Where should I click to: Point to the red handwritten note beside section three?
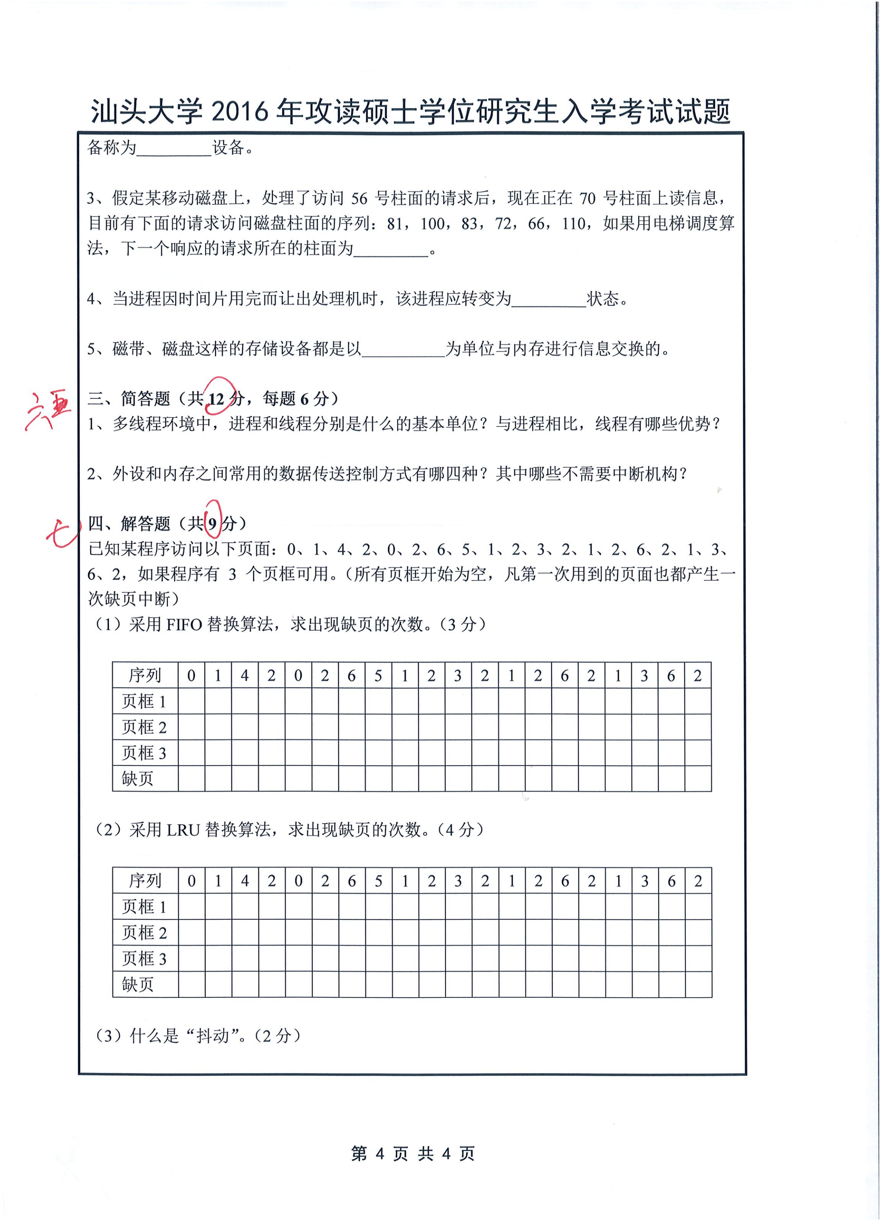pyautogui.click(x=48, y=411)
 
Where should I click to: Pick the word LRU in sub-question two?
pyautogui.click(x=183, y=830)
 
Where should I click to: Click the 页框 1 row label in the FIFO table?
pyautogui.click(x=144, y=701)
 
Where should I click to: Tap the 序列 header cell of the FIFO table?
pyautogui.click(x=144, y=675)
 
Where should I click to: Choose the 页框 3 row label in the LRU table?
pyautogui.click(x=144, y=958)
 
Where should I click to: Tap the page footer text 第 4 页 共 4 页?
pyautogui.click(x=413, y=1154)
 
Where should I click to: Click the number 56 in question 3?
pyautogui.click(x=360, y=199)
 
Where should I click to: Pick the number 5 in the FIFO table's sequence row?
pyautogui.click(x=378, y=675)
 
